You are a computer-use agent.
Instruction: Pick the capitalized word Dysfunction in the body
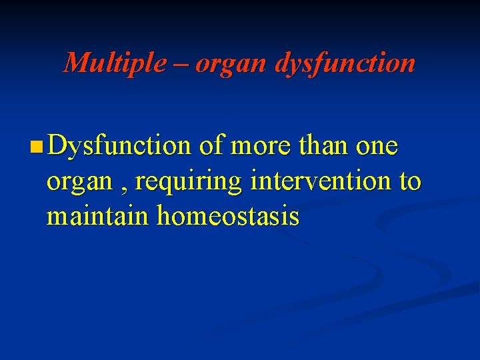119,145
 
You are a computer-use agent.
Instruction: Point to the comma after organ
125,187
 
